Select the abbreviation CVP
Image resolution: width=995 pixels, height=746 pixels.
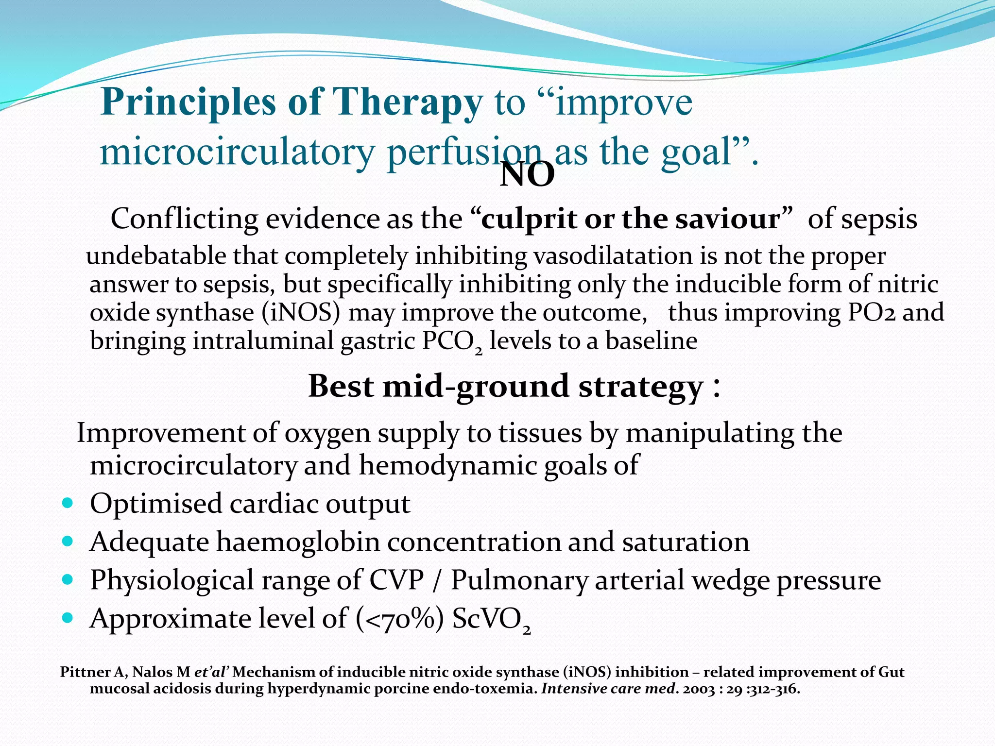[396, 580]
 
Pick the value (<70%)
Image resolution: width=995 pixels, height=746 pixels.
[399, 619]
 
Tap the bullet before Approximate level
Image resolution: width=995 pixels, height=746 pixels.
[68, 618]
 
